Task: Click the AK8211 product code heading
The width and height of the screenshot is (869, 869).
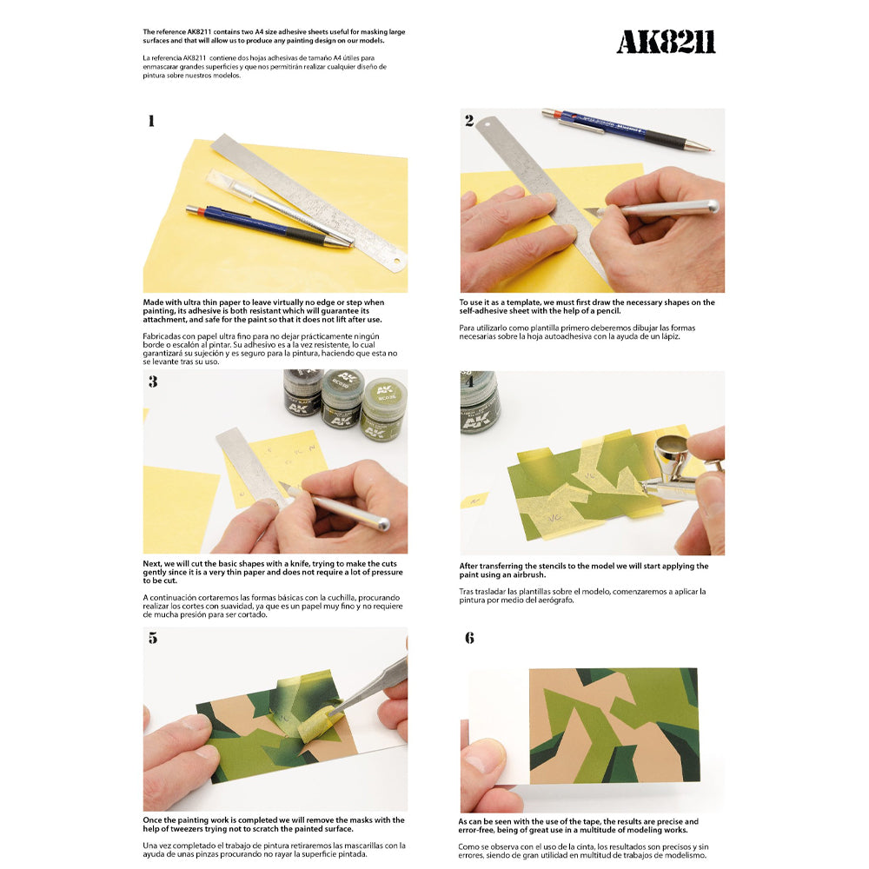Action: (666, 42)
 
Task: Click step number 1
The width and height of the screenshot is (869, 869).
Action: (151, 121)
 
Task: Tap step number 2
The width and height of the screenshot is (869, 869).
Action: (469, 121)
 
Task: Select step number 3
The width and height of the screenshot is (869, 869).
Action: (153, 381)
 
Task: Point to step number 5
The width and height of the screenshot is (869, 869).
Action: (153, 638)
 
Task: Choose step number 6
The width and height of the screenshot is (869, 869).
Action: (469, 638)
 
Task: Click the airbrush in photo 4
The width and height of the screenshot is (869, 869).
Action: (673, 474)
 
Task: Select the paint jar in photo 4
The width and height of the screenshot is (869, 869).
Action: (479, 402)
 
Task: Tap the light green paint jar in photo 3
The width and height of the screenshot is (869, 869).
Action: (383, 408)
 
